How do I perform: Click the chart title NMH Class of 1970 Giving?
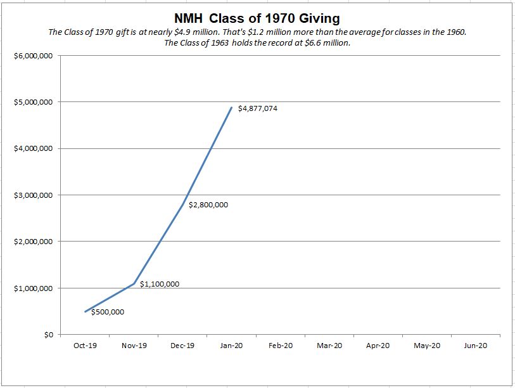[257, 18]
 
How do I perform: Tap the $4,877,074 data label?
[257, 108]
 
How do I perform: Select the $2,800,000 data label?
[208, 205]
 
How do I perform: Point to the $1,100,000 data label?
[159, 284]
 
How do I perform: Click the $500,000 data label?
[108, 312]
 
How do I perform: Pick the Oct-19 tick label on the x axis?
[85, 346]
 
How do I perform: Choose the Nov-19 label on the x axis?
[134, 346]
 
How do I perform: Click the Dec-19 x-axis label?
[182, 346]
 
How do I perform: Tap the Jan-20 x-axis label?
[231, 346]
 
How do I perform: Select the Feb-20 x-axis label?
[280, 346]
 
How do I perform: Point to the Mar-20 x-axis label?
[329, 346]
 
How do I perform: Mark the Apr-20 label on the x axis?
[378, 346]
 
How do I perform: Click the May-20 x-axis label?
[426, 346]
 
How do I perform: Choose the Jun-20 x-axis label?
[475, 346]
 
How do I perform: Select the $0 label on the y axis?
[47, 335]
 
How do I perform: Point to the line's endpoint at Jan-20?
[232, 108]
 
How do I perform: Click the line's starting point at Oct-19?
[85, 311]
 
